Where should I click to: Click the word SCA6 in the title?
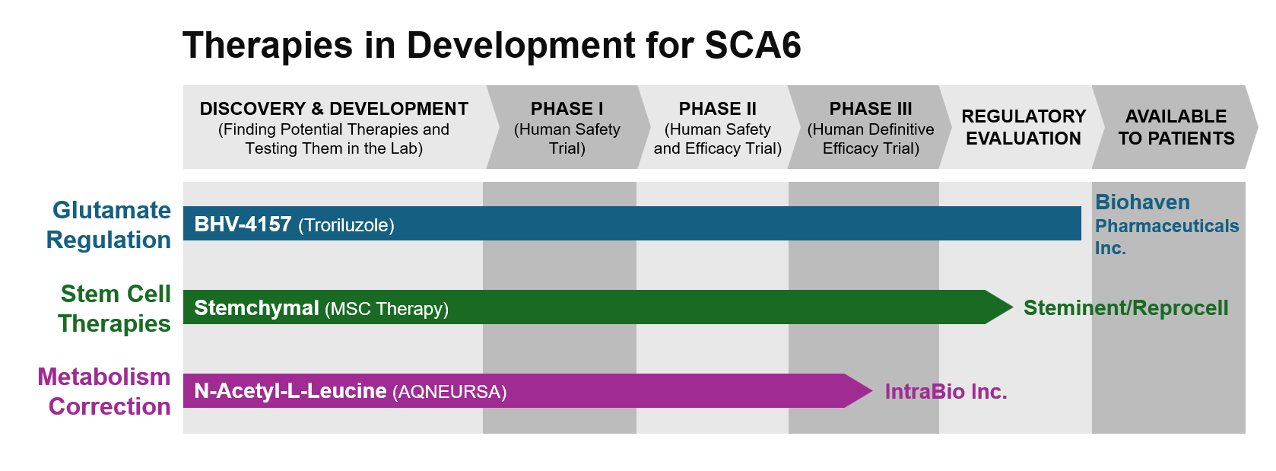click(753, 45)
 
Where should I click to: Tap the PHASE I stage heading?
click(567, 108)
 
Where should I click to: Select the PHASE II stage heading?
click(718, 108)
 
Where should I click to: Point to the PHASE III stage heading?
click(871, 108)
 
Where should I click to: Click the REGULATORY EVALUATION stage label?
click(1024, 127)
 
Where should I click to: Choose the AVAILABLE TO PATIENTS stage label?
click(1176, 127)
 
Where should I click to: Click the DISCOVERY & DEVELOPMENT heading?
click(334, 108)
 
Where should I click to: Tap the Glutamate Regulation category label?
click(109, 224)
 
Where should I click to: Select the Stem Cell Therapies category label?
click(115, 308)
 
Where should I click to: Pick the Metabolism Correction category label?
click(104, 392)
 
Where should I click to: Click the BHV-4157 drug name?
click(243, 224)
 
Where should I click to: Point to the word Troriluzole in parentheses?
click(346, 225)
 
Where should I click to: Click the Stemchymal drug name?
click(256, 308)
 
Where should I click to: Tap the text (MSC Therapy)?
click(387, 309)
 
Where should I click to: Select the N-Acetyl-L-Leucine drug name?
click(290, 391)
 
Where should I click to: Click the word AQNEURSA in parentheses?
click(449, 393)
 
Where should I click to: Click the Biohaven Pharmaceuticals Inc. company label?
click(1166, 224)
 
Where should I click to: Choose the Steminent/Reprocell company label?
click(1126, 308)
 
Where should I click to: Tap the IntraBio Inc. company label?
click(946, 392)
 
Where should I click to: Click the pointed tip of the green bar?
click(1012, 307)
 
